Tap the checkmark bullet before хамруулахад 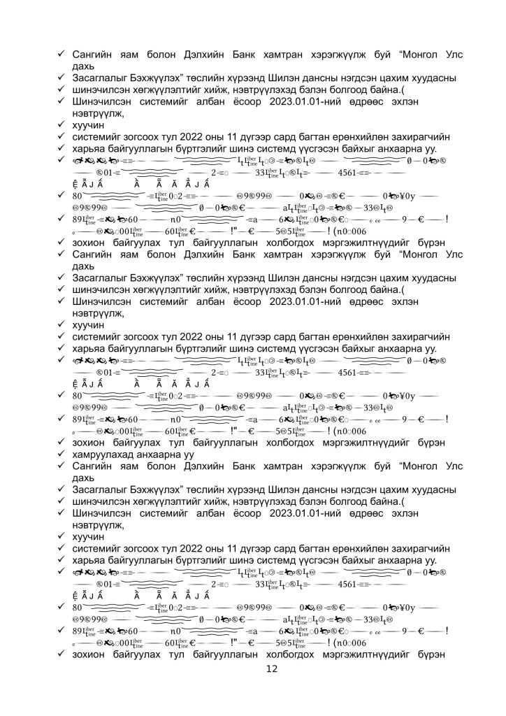pyautogui.click(x=62, y=454)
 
